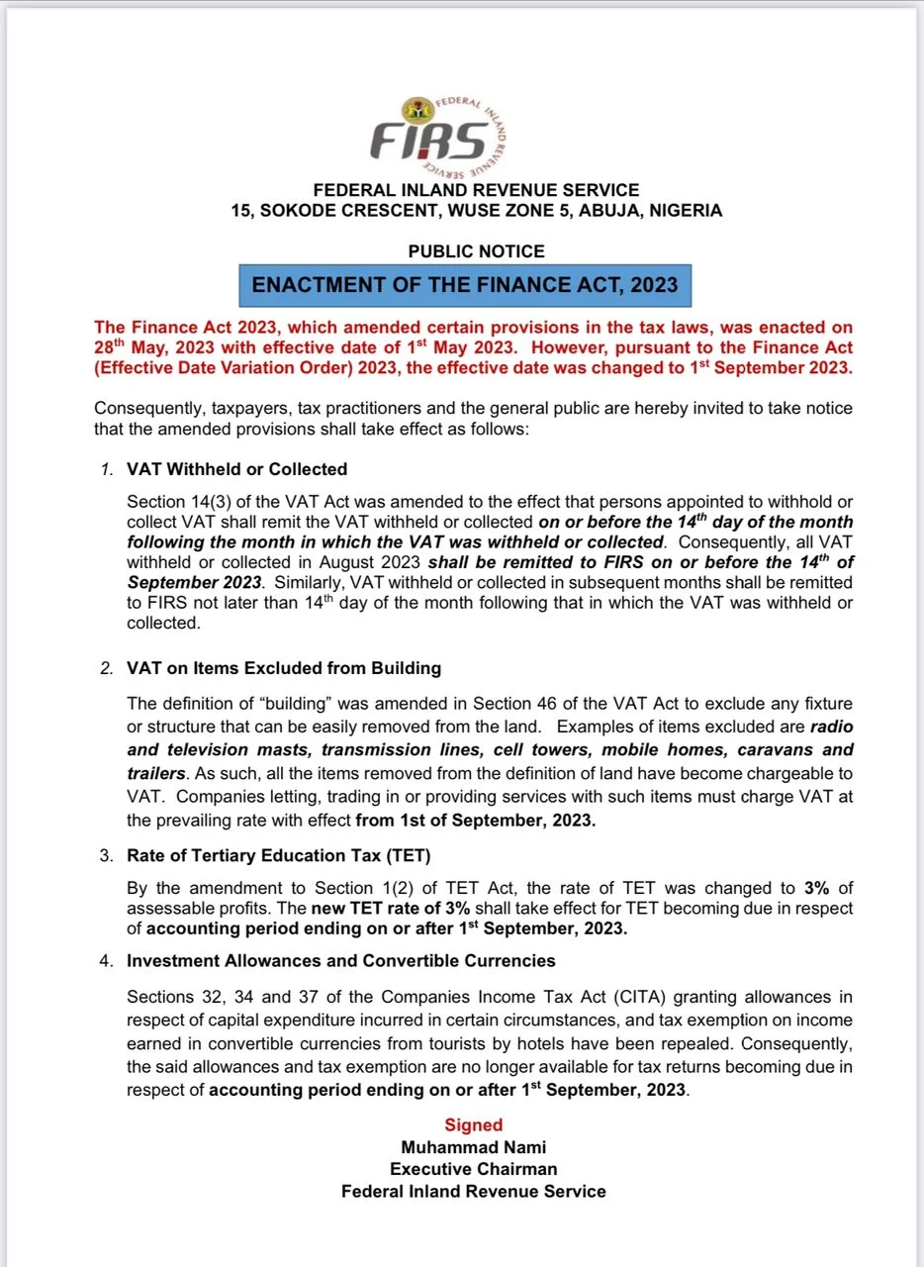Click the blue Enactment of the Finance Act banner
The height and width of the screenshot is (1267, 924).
pos(465,285)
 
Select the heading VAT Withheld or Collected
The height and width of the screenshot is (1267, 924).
pos(237,468)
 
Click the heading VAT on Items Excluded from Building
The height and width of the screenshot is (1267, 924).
pos(284,668)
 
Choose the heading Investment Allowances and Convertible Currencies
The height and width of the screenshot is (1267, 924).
pos(341,960)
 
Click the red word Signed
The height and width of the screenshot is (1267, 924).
pos(474,1124)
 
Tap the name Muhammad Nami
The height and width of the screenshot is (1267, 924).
pos(474,1147)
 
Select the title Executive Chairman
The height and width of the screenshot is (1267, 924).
pos(474,1169)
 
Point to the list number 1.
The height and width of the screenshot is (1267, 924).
pos(107,468)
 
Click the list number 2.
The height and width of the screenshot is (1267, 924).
pos(107,668)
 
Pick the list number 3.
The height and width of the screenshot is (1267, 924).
pos(107,854)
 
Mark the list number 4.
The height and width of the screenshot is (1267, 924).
pos(107,960)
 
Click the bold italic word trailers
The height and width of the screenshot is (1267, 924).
pos(157,772)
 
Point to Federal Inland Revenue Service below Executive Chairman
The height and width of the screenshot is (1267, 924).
pos(474,1191)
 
